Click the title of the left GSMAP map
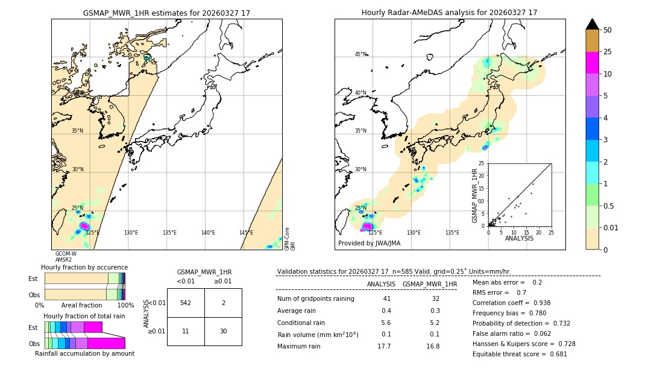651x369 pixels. point(166,13)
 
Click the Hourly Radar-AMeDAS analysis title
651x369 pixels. point(449,13)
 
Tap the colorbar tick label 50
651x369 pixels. point(608,30)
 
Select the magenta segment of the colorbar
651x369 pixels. point(593,63)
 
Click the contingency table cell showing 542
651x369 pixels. point(186,303)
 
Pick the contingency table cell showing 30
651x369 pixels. point(223,331)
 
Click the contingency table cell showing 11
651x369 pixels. point(186,331)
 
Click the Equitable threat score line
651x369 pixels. point(520,354)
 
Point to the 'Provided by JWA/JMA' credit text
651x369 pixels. point(369,244)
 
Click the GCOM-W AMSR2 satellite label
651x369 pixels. point(65,257)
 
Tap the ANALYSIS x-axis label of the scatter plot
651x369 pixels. point(519,238)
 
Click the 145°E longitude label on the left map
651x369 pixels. point(246,233)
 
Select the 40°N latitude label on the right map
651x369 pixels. point(360,93)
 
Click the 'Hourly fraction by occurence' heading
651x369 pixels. point(84,267)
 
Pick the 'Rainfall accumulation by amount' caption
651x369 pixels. point(84,354)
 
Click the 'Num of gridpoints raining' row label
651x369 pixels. point(315,298)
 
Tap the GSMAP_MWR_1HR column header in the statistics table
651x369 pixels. point(429,284)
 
